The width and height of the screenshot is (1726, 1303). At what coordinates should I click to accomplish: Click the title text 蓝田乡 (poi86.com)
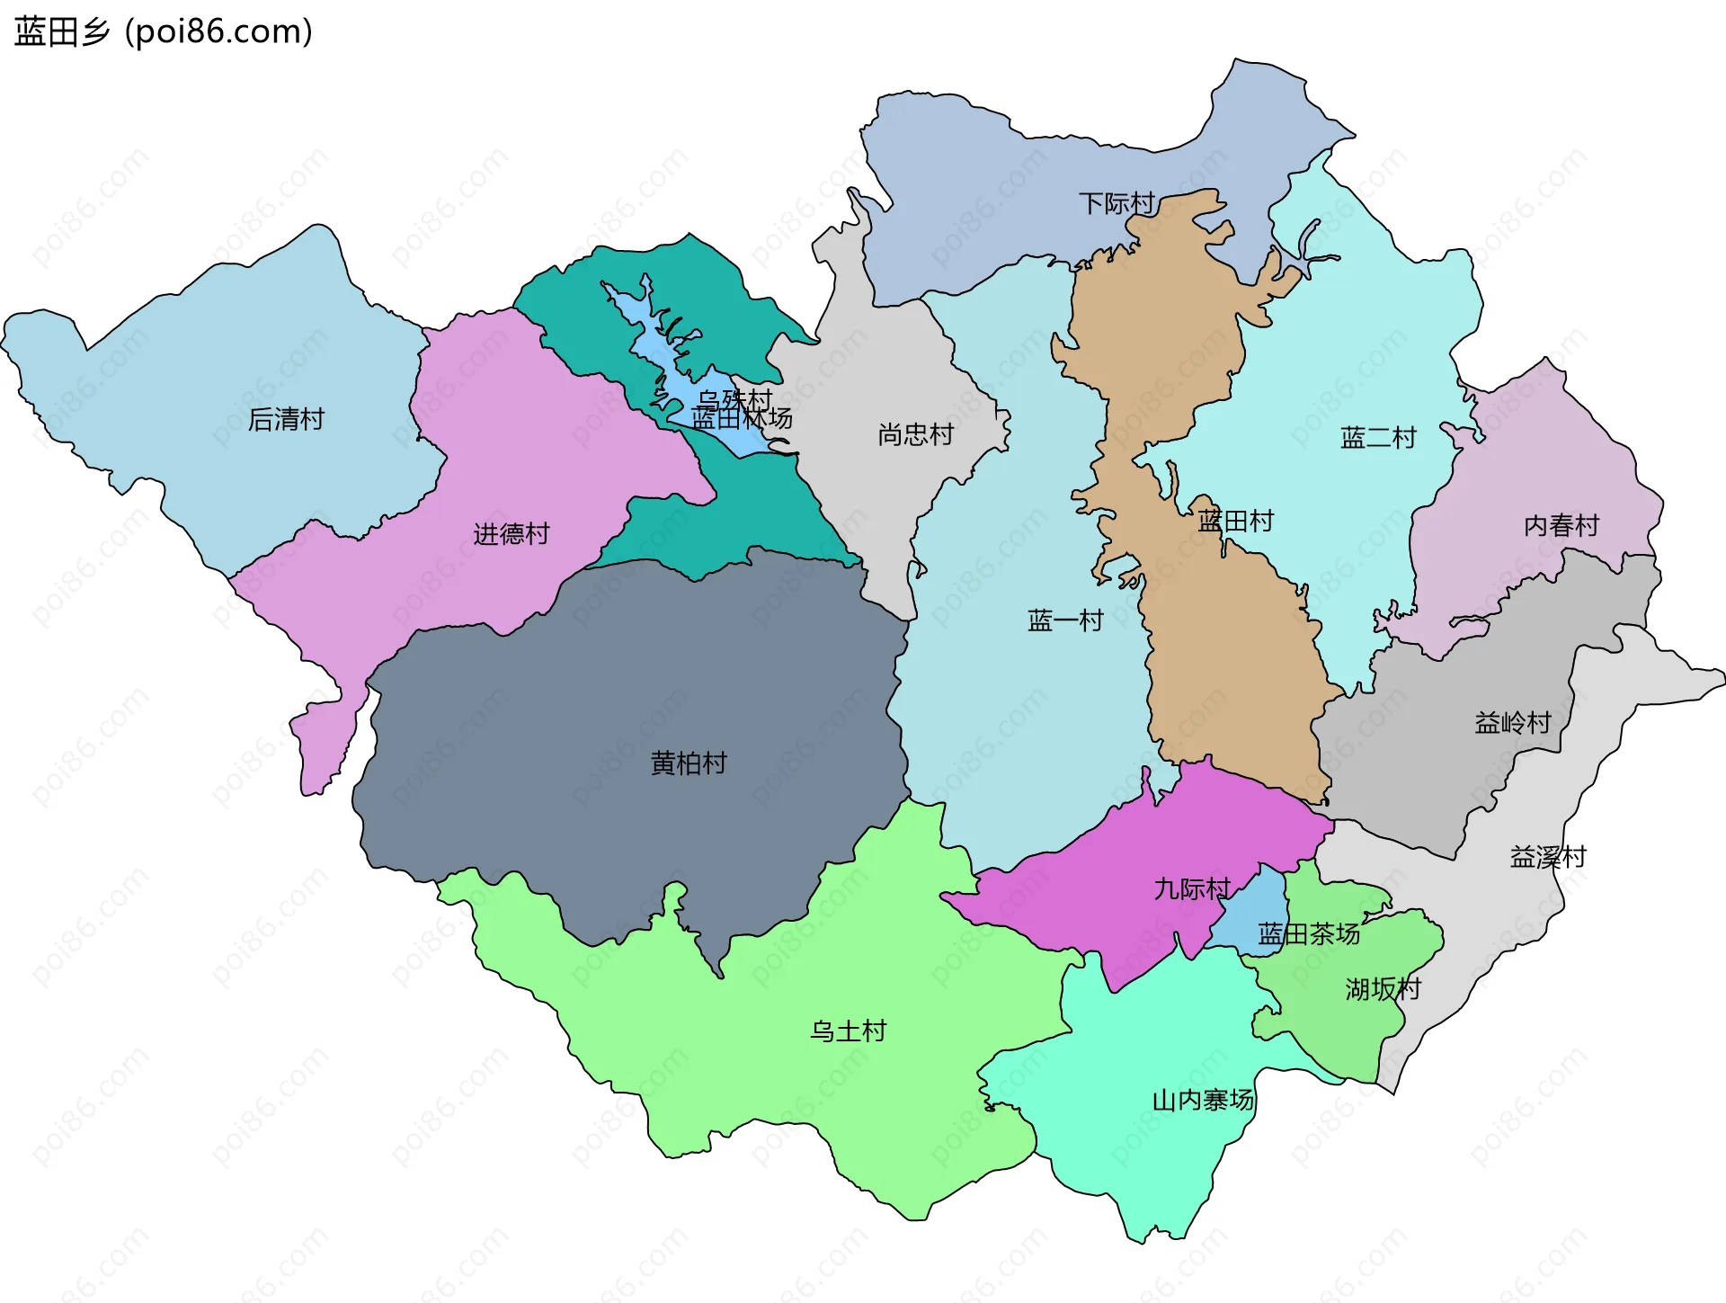[164, 32]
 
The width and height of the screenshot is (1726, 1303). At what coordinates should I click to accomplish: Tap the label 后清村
[286, 419]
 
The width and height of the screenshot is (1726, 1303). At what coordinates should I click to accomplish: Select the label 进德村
[511, 534]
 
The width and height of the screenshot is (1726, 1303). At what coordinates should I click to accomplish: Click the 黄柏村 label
[689, 763]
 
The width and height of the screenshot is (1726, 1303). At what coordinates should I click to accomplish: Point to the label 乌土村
[848, 1031]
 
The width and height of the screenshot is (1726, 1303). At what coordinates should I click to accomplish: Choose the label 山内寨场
[1202, 1100]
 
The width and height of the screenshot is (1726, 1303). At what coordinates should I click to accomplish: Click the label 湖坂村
[1383, 989]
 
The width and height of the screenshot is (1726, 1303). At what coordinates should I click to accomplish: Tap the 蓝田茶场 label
[1308, 934]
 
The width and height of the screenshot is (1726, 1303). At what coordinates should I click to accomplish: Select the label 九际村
[1191, 888]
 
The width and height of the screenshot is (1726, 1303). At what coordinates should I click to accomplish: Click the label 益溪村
[1548, 857]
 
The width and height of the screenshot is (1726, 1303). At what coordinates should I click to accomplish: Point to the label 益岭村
[1513, 722]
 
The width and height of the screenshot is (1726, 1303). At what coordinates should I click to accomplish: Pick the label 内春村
[1561, 525]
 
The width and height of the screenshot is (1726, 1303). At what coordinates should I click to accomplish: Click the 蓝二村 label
[1378, 438]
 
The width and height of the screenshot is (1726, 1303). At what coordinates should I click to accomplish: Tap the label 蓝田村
[1235, 521]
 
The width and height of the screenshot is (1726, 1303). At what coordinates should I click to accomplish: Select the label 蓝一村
[1065, 620]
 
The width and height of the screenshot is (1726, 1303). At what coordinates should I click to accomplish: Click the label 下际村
[1117, 203]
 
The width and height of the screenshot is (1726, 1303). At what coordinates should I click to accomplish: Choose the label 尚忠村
[915, 435]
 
